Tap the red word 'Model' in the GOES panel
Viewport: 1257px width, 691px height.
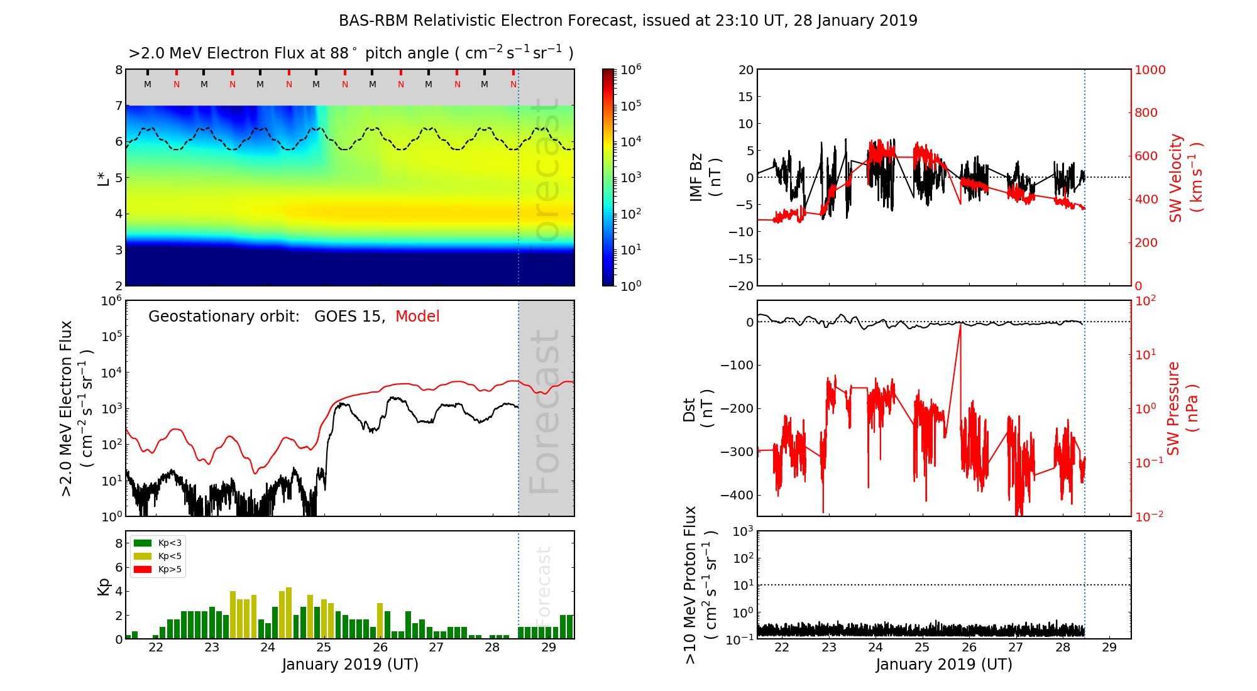(417, 317)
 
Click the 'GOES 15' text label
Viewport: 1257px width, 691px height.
(349, 317)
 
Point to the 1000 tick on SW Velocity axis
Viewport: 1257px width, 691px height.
(1150, 70)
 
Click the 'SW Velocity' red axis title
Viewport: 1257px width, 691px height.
(1177, 178)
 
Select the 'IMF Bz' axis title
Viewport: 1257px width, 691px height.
(696, 178)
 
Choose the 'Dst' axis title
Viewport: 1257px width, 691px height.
(689, 409)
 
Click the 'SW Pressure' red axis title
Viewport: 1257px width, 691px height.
(1174, 409)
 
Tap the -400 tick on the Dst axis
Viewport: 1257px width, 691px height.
(736, 495)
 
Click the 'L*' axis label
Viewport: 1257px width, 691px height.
(104, 178)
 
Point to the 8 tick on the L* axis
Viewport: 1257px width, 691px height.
(118, 70)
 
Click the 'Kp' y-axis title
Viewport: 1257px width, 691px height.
(104, 586)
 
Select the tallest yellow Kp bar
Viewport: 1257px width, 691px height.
(288, 612)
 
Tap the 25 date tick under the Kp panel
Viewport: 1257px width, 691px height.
(324, 648)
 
